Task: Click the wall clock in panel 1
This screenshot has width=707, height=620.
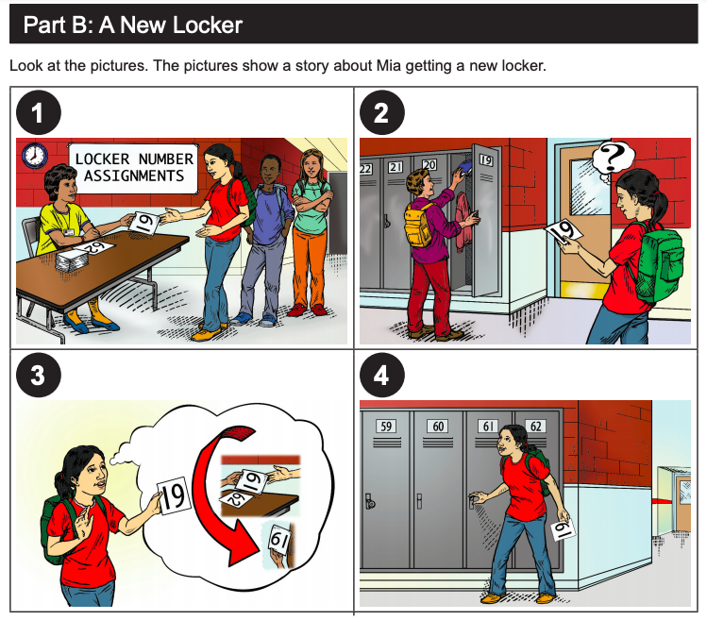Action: click(34, 156)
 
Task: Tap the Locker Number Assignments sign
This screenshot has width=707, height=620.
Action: click(133, 169)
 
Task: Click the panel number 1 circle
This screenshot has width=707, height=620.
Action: click(39, 112)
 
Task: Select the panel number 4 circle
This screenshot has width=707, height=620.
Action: click(382, 376)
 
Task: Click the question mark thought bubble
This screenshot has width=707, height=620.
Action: click(613, 159)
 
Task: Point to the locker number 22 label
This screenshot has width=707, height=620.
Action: click(365, 169)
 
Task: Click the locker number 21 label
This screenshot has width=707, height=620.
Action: click(395, 167)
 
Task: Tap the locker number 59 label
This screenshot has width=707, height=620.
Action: click(386, 427)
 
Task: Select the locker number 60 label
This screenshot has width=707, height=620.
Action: click(438, 427)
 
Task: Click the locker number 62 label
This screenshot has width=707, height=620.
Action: click(535, 427)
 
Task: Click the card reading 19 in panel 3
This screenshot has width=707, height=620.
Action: click(174, 496)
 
